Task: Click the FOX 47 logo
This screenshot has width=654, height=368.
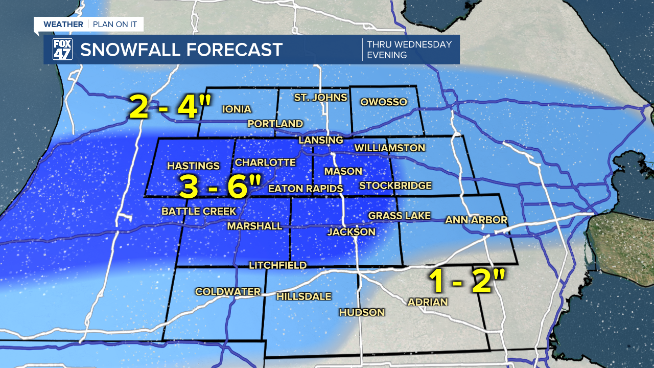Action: coord(63,50)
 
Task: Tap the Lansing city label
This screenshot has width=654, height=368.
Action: coord(321,140)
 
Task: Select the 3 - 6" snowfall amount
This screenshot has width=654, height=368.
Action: coord(220,187)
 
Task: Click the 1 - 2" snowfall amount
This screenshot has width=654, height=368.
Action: coord(467,281)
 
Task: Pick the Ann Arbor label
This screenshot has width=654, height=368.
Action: coord(476,220)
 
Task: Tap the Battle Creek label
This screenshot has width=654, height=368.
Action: coord(199,211)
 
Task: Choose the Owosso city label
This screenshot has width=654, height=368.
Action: coord(384,102)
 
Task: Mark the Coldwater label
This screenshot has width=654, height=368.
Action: coord(228,291)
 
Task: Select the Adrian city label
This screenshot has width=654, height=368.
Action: coord(428,302)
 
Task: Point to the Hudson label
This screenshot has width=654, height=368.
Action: coord(362,312)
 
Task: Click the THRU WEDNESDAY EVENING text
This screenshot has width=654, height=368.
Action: coord(409,50)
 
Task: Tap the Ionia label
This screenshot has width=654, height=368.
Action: coord(237,109)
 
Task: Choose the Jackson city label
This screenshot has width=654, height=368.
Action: coord(352,232)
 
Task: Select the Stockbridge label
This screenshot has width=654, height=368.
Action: coord(395,186)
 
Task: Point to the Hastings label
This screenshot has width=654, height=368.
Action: coord(193,166)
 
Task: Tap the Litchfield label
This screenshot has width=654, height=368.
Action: coord(278,265)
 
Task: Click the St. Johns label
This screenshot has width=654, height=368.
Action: coord(320,97)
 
